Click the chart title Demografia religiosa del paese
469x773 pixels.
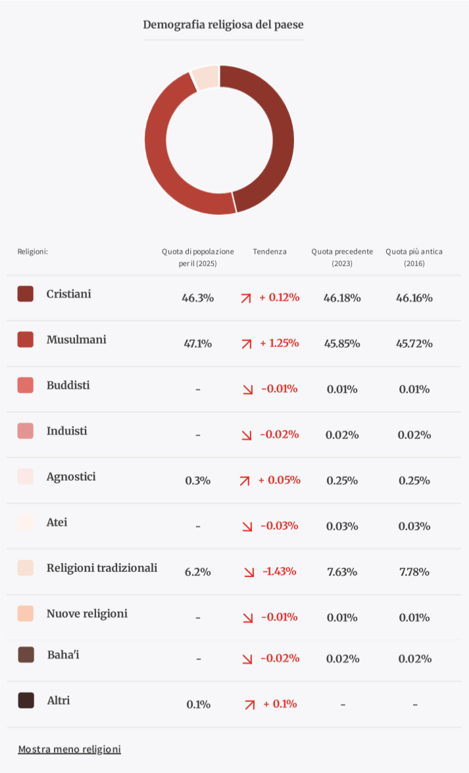[223, 25]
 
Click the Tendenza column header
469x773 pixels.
[270, 252]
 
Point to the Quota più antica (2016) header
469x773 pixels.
[414, 257]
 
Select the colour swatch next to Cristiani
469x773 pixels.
[26, 294]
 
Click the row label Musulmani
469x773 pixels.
[76, 340]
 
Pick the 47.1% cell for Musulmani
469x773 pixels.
[197, 343]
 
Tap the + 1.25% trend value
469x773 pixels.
[279, 343]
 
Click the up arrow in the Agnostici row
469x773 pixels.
[245, 480]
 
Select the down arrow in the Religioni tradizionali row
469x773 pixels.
[249, 572]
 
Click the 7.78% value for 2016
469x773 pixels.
[414, 572]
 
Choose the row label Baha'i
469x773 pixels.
[63, 655]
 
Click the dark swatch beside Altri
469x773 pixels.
[26, 700]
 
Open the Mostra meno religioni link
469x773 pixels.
[69, 749]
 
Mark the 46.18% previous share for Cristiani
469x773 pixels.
[342, 298]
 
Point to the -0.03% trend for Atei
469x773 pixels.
[279, 526]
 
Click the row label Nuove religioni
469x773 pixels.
[87, 614]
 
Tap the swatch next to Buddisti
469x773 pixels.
[26, 385]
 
